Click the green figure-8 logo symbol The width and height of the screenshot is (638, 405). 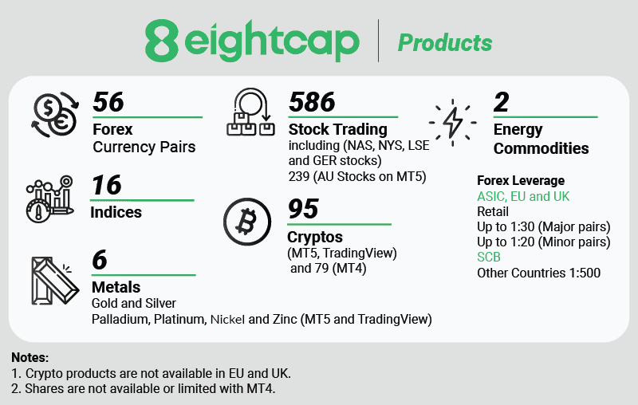click(162, 41)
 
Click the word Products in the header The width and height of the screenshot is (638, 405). click(445, 42)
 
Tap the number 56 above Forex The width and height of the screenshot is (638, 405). click(109, 102)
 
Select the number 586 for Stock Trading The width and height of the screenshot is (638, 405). click(312, 102)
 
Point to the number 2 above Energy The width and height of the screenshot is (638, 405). click(501, 102)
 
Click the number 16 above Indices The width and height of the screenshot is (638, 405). click(107, 185)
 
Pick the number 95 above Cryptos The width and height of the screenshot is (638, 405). click(303, 209)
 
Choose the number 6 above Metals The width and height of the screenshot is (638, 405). click(100, 260)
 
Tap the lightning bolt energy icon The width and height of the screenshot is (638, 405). click(452, 122)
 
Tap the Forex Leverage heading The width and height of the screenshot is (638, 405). click(520, 180)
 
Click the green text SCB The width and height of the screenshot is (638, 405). click(490, 258)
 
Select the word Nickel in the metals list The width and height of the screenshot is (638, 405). click(227, 320)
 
